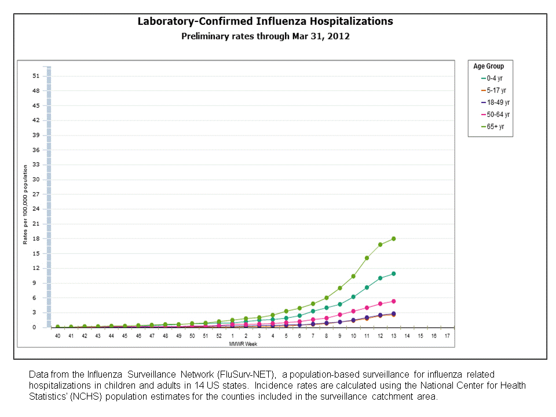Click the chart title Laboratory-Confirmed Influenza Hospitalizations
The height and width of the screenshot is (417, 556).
tap(265, 21)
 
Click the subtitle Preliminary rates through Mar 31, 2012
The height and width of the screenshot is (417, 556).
tap(265, 36)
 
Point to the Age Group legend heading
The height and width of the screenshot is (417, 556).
tap(489, 66)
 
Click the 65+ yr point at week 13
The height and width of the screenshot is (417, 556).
tap(393, 239)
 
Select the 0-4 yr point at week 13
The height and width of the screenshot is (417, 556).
tap(393, 273)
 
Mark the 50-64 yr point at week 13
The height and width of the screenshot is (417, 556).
tap(393, 301)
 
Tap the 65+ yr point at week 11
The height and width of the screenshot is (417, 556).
tap(367, 258)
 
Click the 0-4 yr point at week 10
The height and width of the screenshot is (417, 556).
tap(353, 297)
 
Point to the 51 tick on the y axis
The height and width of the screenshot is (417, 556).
tap(36, 76)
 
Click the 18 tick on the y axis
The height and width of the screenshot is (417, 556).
tap(36, 239)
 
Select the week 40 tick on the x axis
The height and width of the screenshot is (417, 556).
tap(58, 336)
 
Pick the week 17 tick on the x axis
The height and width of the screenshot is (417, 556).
tap(447, 336)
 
